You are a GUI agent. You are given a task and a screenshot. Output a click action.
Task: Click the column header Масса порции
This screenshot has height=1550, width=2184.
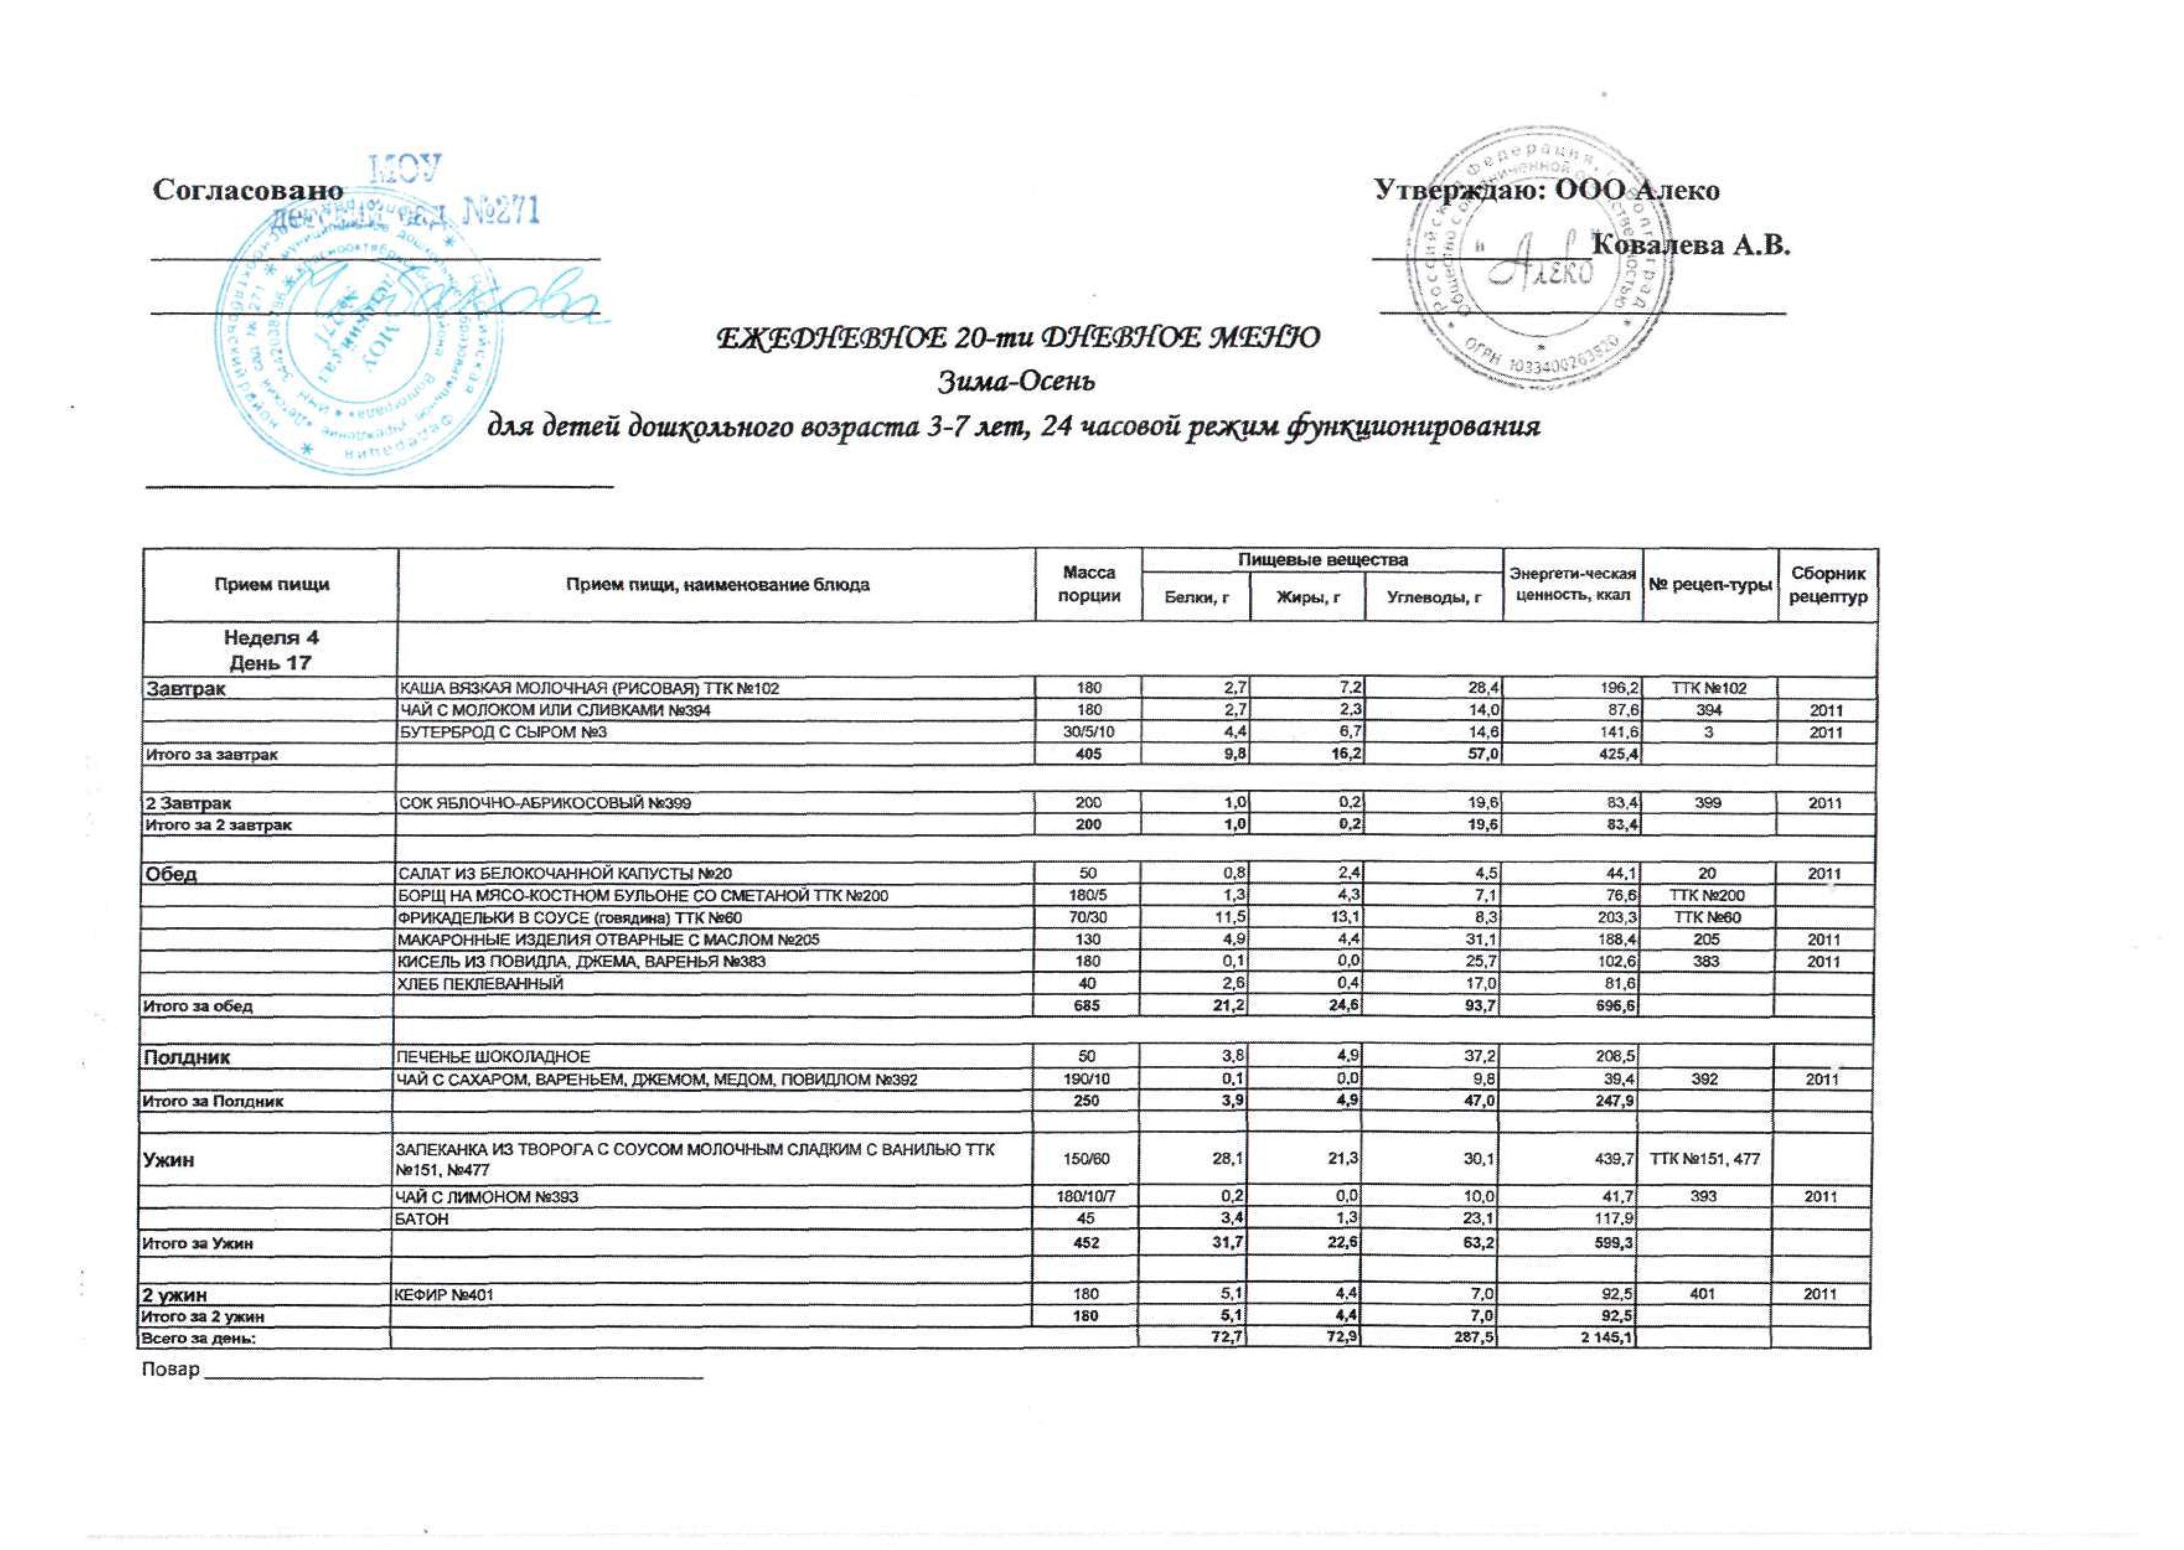(1089, 584)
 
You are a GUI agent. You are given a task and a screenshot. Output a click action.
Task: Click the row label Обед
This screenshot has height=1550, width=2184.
(171, 873)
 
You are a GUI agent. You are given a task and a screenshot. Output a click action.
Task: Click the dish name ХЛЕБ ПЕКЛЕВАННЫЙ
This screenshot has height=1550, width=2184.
(480, 983)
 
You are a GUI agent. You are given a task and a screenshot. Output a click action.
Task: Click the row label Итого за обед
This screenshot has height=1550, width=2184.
(198, 1006)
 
